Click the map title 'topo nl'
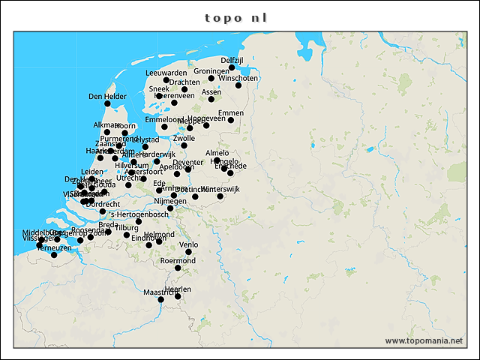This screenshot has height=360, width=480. [235, 17]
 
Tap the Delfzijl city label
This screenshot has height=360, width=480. [233, 60]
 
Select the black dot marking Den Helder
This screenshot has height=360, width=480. [107, 103]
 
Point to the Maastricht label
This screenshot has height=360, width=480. [160, 292]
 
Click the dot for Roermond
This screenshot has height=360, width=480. [178, 268]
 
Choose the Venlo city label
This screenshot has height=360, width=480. [189, 244]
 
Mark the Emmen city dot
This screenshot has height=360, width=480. [231, 120]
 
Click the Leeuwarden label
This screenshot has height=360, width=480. [166, 73]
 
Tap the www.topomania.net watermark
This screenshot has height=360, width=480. [424, 340]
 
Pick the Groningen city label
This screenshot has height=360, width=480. [211, 71]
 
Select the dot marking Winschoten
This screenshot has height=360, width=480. [238, 85]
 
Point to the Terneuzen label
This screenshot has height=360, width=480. [54, 247]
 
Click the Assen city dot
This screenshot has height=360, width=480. [211, 99]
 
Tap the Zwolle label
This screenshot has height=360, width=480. [184, 139]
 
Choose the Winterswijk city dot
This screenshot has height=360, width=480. [220, 196]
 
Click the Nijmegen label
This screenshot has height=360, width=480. [169, 201]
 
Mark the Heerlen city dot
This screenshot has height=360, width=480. [178, 296]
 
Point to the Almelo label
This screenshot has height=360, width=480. [217, 153]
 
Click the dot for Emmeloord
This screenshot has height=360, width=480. [164, 127]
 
